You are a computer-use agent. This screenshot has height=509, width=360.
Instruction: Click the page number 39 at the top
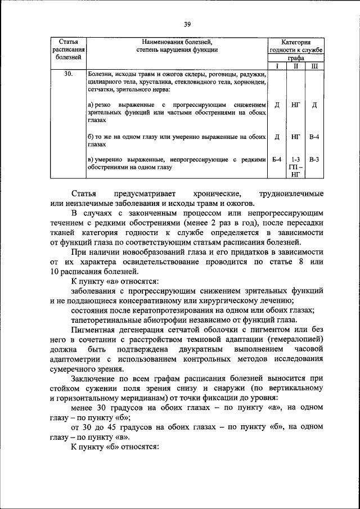(187, 24)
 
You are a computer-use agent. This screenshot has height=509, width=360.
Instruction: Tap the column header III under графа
(314, 66)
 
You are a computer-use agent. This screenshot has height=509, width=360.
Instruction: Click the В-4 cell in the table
(314, 136)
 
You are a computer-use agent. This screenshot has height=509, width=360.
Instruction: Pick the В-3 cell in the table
(314, 159)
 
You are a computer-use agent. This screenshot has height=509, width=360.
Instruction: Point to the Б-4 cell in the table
(277, 159)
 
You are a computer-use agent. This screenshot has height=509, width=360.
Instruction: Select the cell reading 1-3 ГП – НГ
(295, 167)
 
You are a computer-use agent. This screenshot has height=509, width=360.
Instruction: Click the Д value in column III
(314, 105)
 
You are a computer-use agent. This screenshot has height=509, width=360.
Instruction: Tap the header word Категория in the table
(296, 42)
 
